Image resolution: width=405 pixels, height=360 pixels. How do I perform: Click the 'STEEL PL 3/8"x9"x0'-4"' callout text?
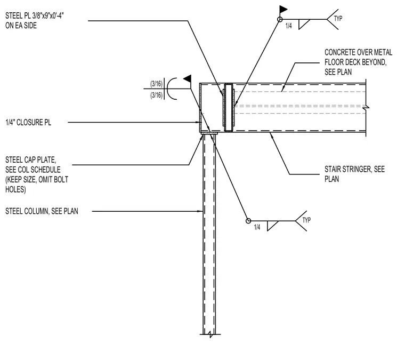coord(35,16)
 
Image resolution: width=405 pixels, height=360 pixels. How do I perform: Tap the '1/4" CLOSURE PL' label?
coord(28,122)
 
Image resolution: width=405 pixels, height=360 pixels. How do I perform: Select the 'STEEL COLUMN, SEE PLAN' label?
coord(42,211)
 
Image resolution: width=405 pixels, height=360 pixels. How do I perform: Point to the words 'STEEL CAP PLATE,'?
coord(31,159)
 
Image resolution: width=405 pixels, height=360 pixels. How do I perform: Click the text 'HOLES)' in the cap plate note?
coord(15,189)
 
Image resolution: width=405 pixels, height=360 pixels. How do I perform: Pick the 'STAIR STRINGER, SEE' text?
coord(354,169)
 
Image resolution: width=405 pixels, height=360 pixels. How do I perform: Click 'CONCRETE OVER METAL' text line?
coord(359,52)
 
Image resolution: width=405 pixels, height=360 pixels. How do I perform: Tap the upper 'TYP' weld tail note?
coord(338,19)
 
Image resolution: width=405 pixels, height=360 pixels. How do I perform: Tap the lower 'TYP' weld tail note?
coord(306,220)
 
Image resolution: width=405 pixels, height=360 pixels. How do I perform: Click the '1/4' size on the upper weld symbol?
coord(288,26)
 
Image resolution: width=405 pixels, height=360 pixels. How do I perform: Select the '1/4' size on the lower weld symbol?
coord(257,227)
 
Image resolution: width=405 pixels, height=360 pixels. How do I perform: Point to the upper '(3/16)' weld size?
coord(157,84)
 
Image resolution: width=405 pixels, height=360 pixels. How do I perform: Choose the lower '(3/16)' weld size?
coord(157,95)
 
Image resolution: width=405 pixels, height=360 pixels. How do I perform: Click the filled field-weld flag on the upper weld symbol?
coord(283,10)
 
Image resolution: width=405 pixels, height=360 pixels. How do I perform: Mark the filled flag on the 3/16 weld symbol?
coord(188,78)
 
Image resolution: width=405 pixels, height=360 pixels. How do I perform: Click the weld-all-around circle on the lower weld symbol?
coord(248,221)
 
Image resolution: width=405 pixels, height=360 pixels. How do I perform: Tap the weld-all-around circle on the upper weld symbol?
coord(280,19)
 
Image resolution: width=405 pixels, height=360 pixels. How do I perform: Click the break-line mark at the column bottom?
coord(211,334)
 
